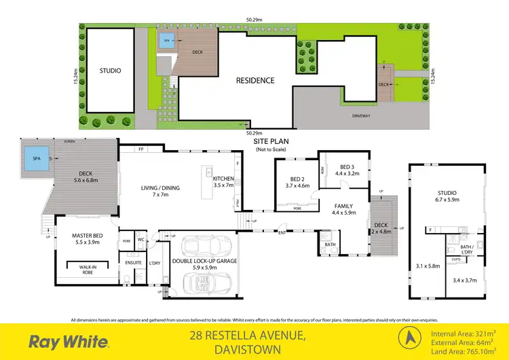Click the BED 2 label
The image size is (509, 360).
[x=298, y=180]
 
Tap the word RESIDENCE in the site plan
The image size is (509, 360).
[x=255, y=80]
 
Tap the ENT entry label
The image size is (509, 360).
[x=281, y=234]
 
